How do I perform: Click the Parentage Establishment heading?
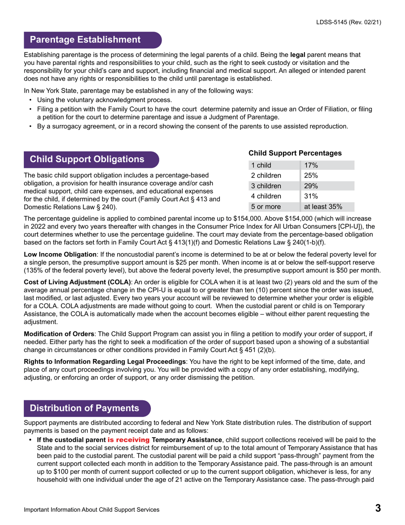[x=85, y=40]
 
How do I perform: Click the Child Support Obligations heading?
[x=87, y=159]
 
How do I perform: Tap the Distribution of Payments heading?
[x=84, y=408]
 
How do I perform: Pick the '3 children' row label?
[x=266, y=186]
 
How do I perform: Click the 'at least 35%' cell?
[x=323, y=207]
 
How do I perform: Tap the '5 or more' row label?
[x=266, y=207]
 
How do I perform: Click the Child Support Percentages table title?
[x=295, y=153]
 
